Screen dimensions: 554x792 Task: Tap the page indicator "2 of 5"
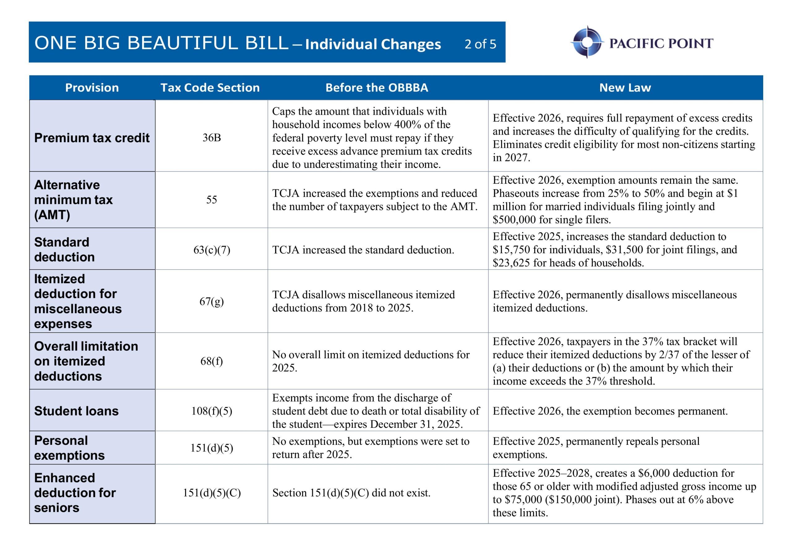pos(480,44)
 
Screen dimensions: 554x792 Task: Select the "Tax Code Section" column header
pos(210,87)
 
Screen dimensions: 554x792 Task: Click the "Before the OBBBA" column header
pos(377,87)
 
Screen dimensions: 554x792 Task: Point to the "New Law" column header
pos(625,87)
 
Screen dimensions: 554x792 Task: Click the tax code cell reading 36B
pos(211,138)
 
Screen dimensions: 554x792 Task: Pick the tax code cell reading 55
pos(211,200)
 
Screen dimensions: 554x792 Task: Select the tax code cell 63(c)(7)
pos(211,249)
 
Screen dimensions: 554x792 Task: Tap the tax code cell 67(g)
pos(211,301)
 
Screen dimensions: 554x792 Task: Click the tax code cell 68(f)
pos(211,361)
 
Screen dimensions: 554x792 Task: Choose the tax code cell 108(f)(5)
pos(211,411)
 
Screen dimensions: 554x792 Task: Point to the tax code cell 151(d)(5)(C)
pos(211,493)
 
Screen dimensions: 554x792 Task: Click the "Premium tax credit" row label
pos(92,138)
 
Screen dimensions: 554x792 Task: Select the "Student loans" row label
pos(76,411)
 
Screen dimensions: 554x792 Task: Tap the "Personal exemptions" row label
pos(69,448)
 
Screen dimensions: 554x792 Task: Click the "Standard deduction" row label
pos(64,249)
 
